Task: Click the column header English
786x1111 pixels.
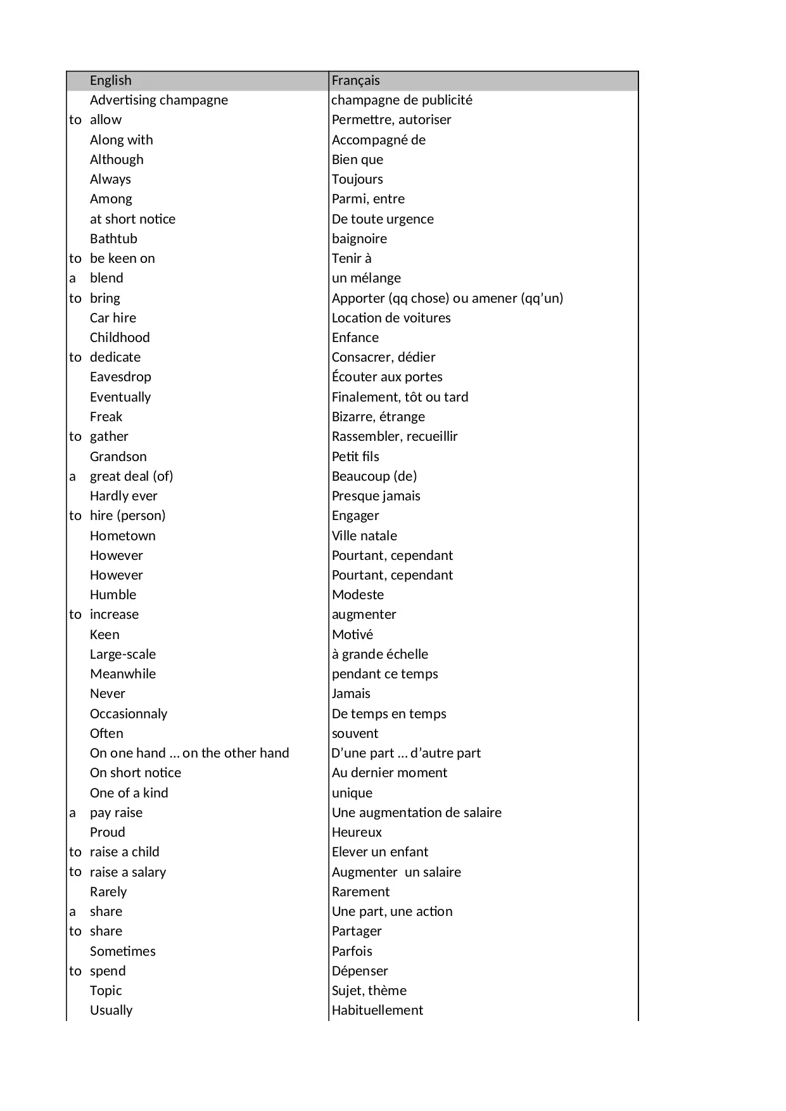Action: (111, 80)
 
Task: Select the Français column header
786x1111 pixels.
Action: (356, 80)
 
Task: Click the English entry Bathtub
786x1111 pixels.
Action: (113, 239)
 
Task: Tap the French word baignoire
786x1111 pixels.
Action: (359, 239)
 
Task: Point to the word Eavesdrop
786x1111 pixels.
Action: (120, 377)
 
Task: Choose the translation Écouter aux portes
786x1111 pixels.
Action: (387, 377)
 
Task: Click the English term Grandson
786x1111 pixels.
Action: (118, 457)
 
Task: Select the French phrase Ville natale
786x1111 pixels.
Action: (364, 536)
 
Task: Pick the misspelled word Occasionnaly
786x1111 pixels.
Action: (129, 714)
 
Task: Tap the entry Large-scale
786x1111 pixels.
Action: (123, 654)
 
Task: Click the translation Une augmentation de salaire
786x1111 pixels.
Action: (417, 813)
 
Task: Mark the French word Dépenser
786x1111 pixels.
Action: (360, 971)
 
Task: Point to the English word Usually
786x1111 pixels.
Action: (111, 1010)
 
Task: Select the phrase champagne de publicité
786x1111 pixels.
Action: (402, 100)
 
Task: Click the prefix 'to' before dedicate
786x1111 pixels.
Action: (75, 357)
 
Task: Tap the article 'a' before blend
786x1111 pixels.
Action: (72, 278)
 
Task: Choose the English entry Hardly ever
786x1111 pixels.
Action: (124, 496)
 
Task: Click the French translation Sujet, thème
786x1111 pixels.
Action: (369, 991)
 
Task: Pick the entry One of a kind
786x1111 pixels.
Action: (129, 793)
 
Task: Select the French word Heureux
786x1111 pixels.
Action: (357, 832)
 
